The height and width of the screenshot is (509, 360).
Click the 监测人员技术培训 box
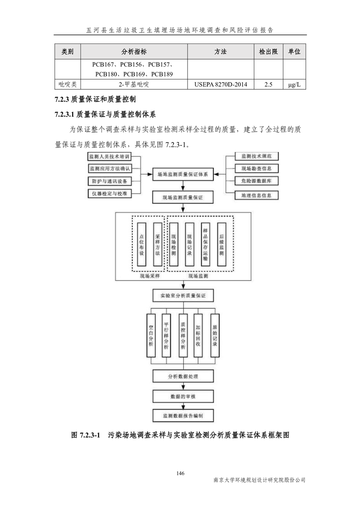tap(109, 157)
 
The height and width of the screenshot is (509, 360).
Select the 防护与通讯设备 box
tap(109, 181)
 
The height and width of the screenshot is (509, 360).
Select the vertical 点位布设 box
tap(142, 245)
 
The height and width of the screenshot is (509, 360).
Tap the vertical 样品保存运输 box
tap(206, 245)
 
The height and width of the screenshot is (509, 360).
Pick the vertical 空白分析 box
tap(151, 335)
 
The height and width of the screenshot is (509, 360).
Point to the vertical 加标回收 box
tap(198, 335)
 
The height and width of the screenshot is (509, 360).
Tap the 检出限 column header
tap(268, 52)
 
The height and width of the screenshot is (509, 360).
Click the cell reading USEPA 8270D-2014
tap(221, 84)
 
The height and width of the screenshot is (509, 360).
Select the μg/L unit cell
tap(294, 84)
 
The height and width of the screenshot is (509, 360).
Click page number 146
tap(180, 473)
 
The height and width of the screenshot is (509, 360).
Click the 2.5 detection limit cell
tap(268, 84)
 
